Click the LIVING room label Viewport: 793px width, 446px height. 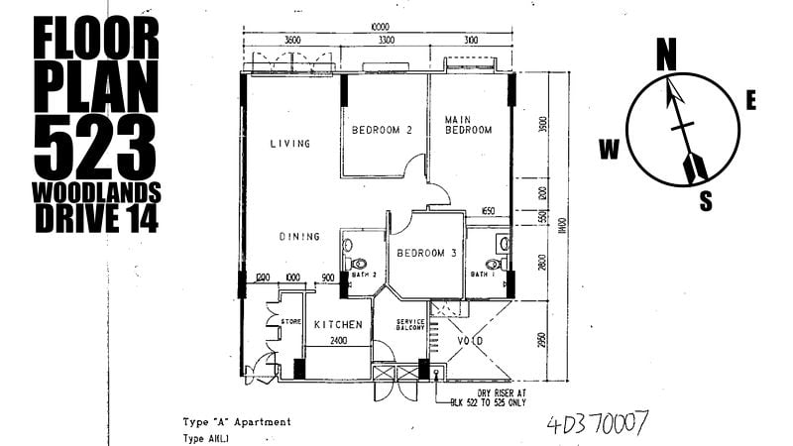pos(290,144)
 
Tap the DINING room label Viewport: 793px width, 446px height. pos(298,237)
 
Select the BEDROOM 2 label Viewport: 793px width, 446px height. pos(382,130)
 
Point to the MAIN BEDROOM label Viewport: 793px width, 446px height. pos(469,124)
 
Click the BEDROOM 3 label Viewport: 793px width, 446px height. pos(426,254)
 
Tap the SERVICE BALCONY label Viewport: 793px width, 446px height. pos(410,326)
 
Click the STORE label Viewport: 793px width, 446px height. pos(290,321)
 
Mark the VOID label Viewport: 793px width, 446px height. pos(471,342)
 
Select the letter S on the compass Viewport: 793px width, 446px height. pos(706,201)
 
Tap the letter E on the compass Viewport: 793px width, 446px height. pos(751,100)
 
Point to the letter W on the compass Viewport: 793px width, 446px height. pos(609,150)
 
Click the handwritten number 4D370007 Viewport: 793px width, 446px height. pos(598,424)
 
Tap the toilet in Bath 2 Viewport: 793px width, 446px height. pos(359,265)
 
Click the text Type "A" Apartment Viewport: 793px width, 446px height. pos(237,421)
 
